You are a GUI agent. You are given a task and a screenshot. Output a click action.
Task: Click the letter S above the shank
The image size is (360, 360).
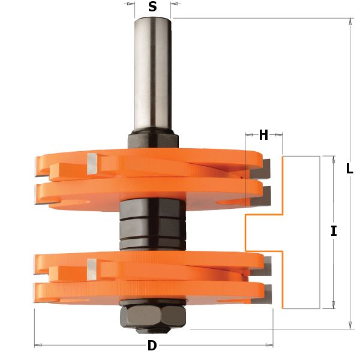[x=152, y=7]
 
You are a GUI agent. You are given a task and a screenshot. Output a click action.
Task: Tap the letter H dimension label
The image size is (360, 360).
[x=263, y=135]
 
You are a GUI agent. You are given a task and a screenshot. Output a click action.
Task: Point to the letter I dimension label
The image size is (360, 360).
[x=334, y=231]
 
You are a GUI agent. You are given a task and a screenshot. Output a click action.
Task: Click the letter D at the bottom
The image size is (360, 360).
[x=152, y=346]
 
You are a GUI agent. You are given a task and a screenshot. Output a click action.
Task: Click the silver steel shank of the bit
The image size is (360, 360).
[x=152, y=72]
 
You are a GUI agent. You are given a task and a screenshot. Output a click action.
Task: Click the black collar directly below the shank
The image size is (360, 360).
[x=152, y=139]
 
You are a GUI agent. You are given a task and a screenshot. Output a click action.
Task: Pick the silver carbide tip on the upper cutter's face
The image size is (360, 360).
[x=92, y=164]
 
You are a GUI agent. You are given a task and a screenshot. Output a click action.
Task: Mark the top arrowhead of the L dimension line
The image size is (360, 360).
[x=350, y=22]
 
